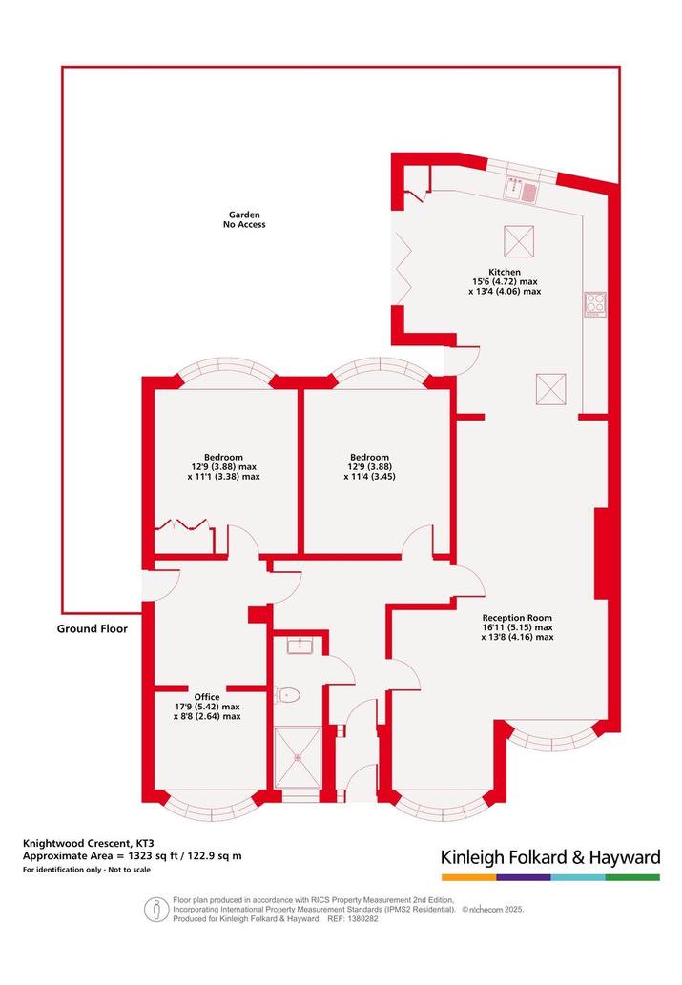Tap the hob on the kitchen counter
595,304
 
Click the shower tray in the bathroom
298,757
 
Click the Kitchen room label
505,272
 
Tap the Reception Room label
517,618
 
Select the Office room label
207,697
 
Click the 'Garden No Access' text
244,219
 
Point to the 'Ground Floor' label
93,628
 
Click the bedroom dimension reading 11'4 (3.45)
369,477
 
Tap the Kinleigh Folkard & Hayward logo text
550,857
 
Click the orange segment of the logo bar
468,877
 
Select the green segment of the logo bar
633,877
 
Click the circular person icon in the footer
156,910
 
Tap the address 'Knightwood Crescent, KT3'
89,843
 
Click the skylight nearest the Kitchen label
519,241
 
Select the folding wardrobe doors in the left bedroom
181,525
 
